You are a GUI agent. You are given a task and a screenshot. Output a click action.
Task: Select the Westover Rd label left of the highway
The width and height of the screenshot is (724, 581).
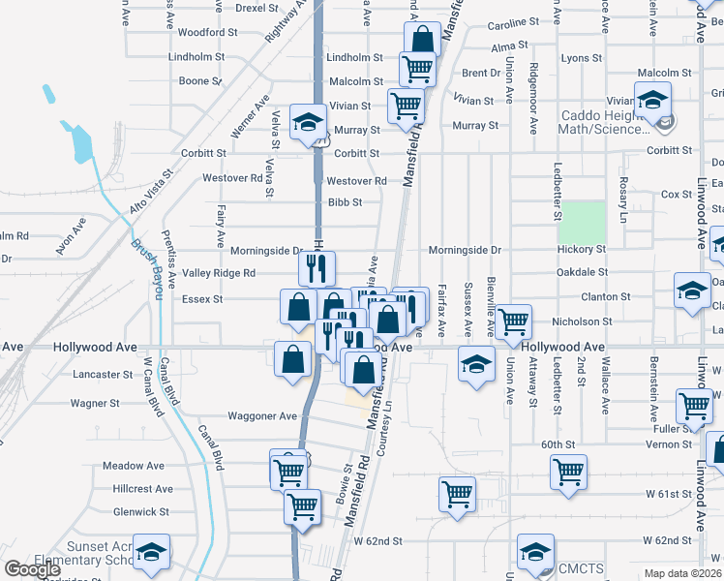click(232, 178)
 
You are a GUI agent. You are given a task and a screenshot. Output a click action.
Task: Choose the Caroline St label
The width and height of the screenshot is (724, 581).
click(513, 21)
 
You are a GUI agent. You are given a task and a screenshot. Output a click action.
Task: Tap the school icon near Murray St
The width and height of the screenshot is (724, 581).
click(308, 123)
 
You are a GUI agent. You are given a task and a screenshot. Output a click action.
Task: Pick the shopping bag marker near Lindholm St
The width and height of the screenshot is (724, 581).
click(422, 41)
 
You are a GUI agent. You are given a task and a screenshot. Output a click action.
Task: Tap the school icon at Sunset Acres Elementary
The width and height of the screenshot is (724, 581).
click(151, 552)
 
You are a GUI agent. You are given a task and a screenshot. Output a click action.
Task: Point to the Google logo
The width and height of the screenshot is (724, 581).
click(32, 569)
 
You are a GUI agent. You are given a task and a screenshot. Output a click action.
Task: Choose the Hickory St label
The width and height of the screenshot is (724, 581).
click(582, 250)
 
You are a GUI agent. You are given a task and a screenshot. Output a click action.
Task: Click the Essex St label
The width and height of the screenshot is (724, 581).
click(202, 299)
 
